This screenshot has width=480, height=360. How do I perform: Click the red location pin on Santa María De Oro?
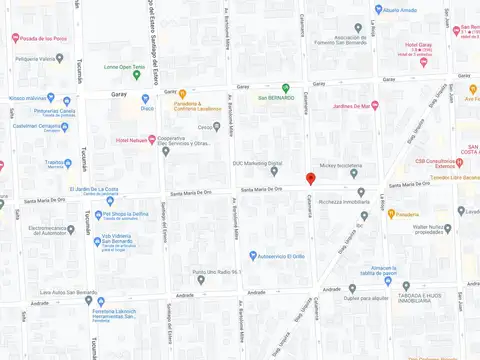310,178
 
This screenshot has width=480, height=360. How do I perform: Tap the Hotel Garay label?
418,45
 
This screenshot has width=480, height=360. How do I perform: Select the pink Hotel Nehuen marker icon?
151,139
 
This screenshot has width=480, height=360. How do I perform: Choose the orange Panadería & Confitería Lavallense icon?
182,94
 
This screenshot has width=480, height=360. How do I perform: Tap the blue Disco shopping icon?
145,99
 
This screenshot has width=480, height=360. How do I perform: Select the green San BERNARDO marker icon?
285,87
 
